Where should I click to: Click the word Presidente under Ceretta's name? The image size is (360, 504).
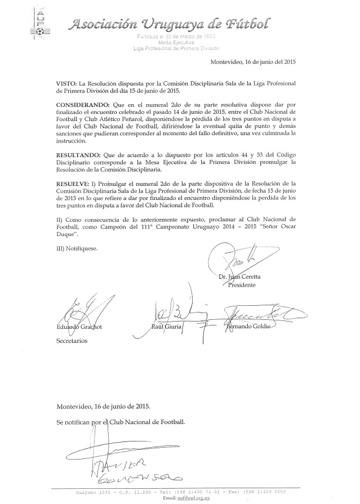pyautogui.click(x=242, y=285)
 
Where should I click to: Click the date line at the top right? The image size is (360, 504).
pyautogui.click(x=254, y=62)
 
